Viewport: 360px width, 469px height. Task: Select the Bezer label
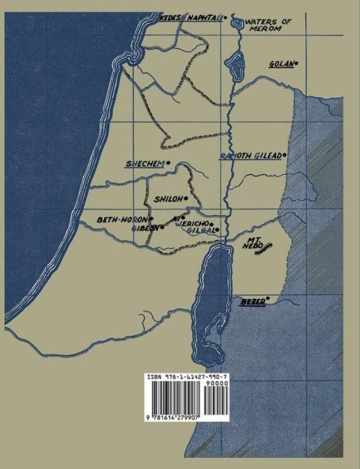(251, 301)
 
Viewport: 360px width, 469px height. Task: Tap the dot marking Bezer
(269, 299)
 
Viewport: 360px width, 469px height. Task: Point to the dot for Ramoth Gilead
(284, 155)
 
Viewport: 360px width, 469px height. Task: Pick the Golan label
(281, 63)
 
